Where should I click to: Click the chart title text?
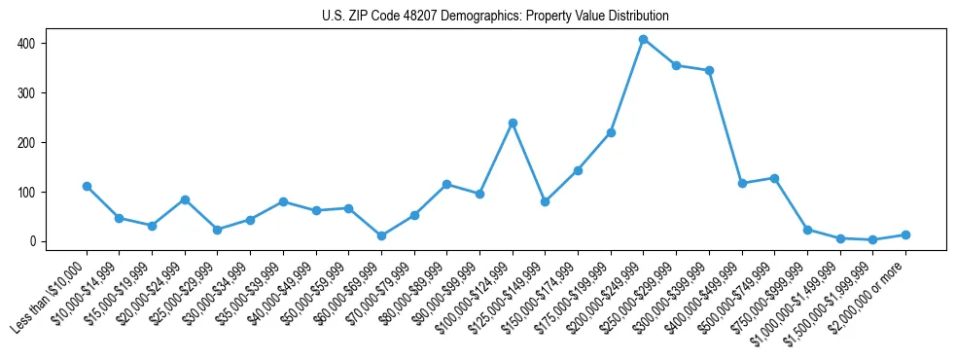pos(495,16)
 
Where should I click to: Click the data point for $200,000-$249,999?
pos(643,39)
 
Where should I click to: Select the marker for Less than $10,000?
pos(87,186)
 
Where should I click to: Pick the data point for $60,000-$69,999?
pos(381,235)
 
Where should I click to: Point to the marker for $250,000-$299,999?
pos(676,65)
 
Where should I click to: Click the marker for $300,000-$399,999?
pos(709,70)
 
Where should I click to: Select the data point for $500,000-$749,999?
pos(774,178)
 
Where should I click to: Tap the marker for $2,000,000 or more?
pos(905,234)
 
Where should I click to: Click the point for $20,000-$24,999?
pos(185,199)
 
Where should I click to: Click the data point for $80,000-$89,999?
pos(446,184)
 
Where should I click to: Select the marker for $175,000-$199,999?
pos(611,132)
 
